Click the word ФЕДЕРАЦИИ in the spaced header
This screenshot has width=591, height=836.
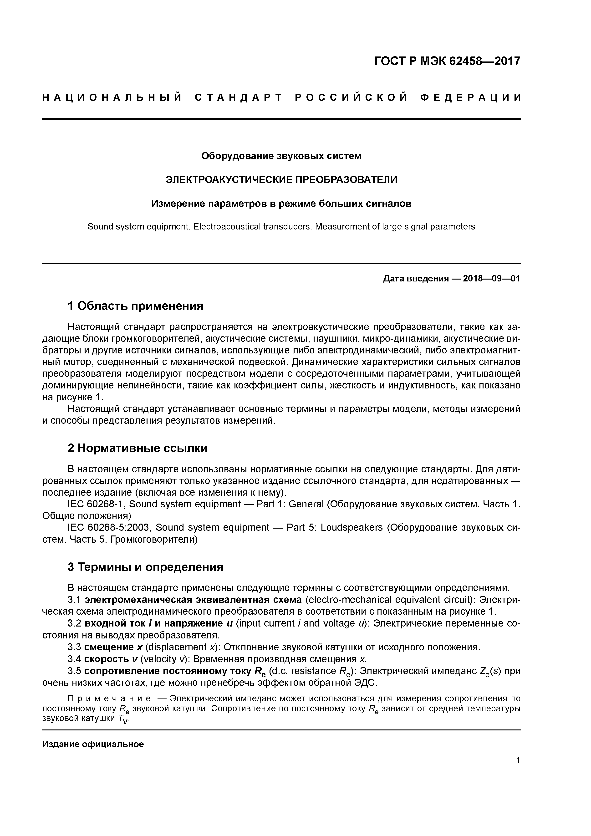pos(470,97)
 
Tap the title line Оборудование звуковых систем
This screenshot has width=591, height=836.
pos(281,156)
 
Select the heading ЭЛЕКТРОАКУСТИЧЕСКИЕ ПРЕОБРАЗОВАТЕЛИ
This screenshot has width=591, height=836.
pos(281,179)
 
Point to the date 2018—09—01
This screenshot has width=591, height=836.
pos(491,279)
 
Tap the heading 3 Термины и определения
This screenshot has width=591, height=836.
pos(145,567)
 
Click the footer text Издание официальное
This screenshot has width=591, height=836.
pos(93,744)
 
